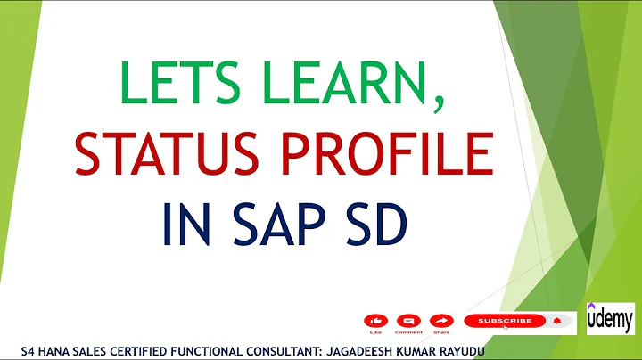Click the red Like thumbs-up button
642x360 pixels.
(x=376, y=320)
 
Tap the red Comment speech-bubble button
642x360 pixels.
(x=408, y=320)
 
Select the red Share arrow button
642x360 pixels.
(x=440, y=320)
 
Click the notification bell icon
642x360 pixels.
(x=557, y=320)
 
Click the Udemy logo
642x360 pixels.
(x=611, y=318)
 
